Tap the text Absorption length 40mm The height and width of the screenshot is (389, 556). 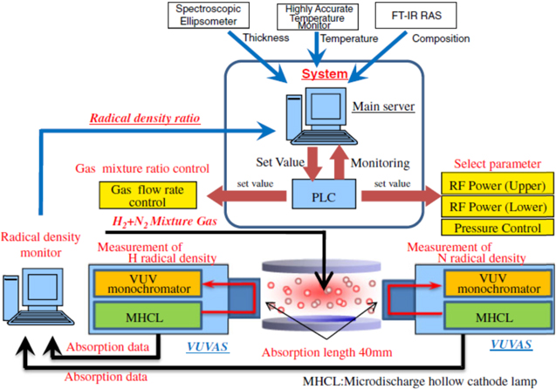321,352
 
